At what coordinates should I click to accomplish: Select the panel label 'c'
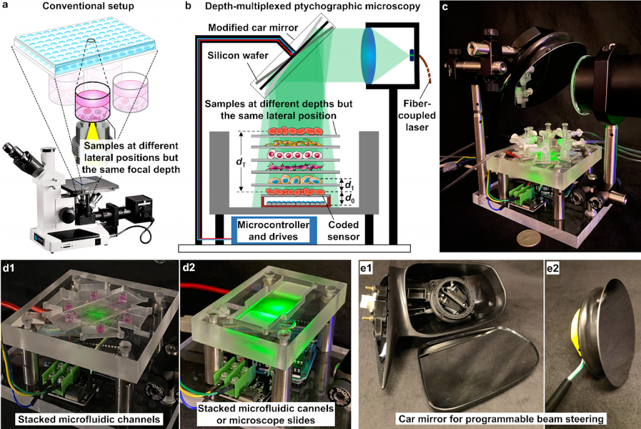pyautogui.click(x=445, y=8)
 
